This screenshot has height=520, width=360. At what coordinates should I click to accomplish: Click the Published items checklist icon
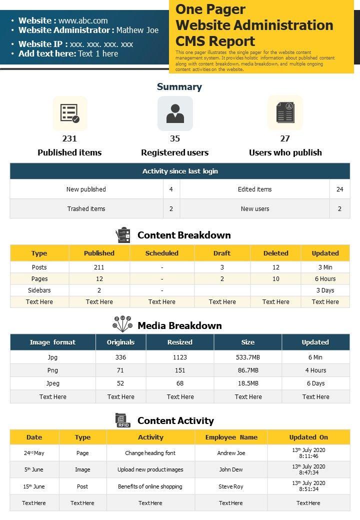70,113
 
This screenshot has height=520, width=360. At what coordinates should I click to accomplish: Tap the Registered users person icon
175,113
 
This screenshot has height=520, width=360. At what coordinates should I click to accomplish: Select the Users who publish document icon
285,113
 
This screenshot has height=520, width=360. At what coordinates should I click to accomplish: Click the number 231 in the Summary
69,138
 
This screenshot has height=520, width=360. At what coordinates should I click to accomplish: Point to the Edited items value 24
339,189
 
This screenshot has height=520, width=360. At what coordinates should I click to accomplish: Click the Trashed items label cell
86,208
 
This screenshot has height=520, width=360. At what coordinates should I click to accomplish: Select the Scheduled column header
161,253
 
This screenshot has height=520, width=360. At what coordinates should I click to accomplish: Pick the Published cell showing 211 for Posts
99,267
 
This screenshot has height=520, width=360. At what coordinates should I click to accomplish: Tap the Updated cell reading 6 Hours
325,279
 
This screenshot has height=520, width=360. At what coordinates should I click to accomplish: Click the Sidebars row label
39,290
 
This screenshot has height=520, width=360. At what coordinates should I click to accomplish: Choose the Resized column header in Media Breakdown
180,342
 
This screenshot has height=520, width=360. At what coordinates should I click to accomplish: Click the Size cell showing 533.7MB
248,357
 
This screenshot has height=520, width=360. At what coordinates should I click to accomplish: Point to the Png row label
52,370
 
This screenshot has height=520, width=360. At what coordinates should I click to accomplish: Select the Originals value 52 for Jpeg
120,383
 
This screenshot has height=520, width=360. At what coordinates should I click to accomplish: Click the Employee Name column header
231,437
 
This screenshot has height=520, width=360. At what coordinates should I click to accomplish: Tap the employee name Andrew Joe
231,453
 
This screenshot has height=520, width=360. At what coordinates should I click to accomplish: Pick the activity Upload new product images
150,469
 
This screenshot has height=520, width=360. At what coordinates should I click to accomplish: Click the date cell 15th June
34,486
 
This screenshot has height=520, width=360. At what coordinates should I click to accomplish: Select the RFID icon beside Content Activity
123,420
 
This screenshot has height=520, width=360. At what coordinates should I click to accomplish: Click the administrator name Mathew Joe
137,30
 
